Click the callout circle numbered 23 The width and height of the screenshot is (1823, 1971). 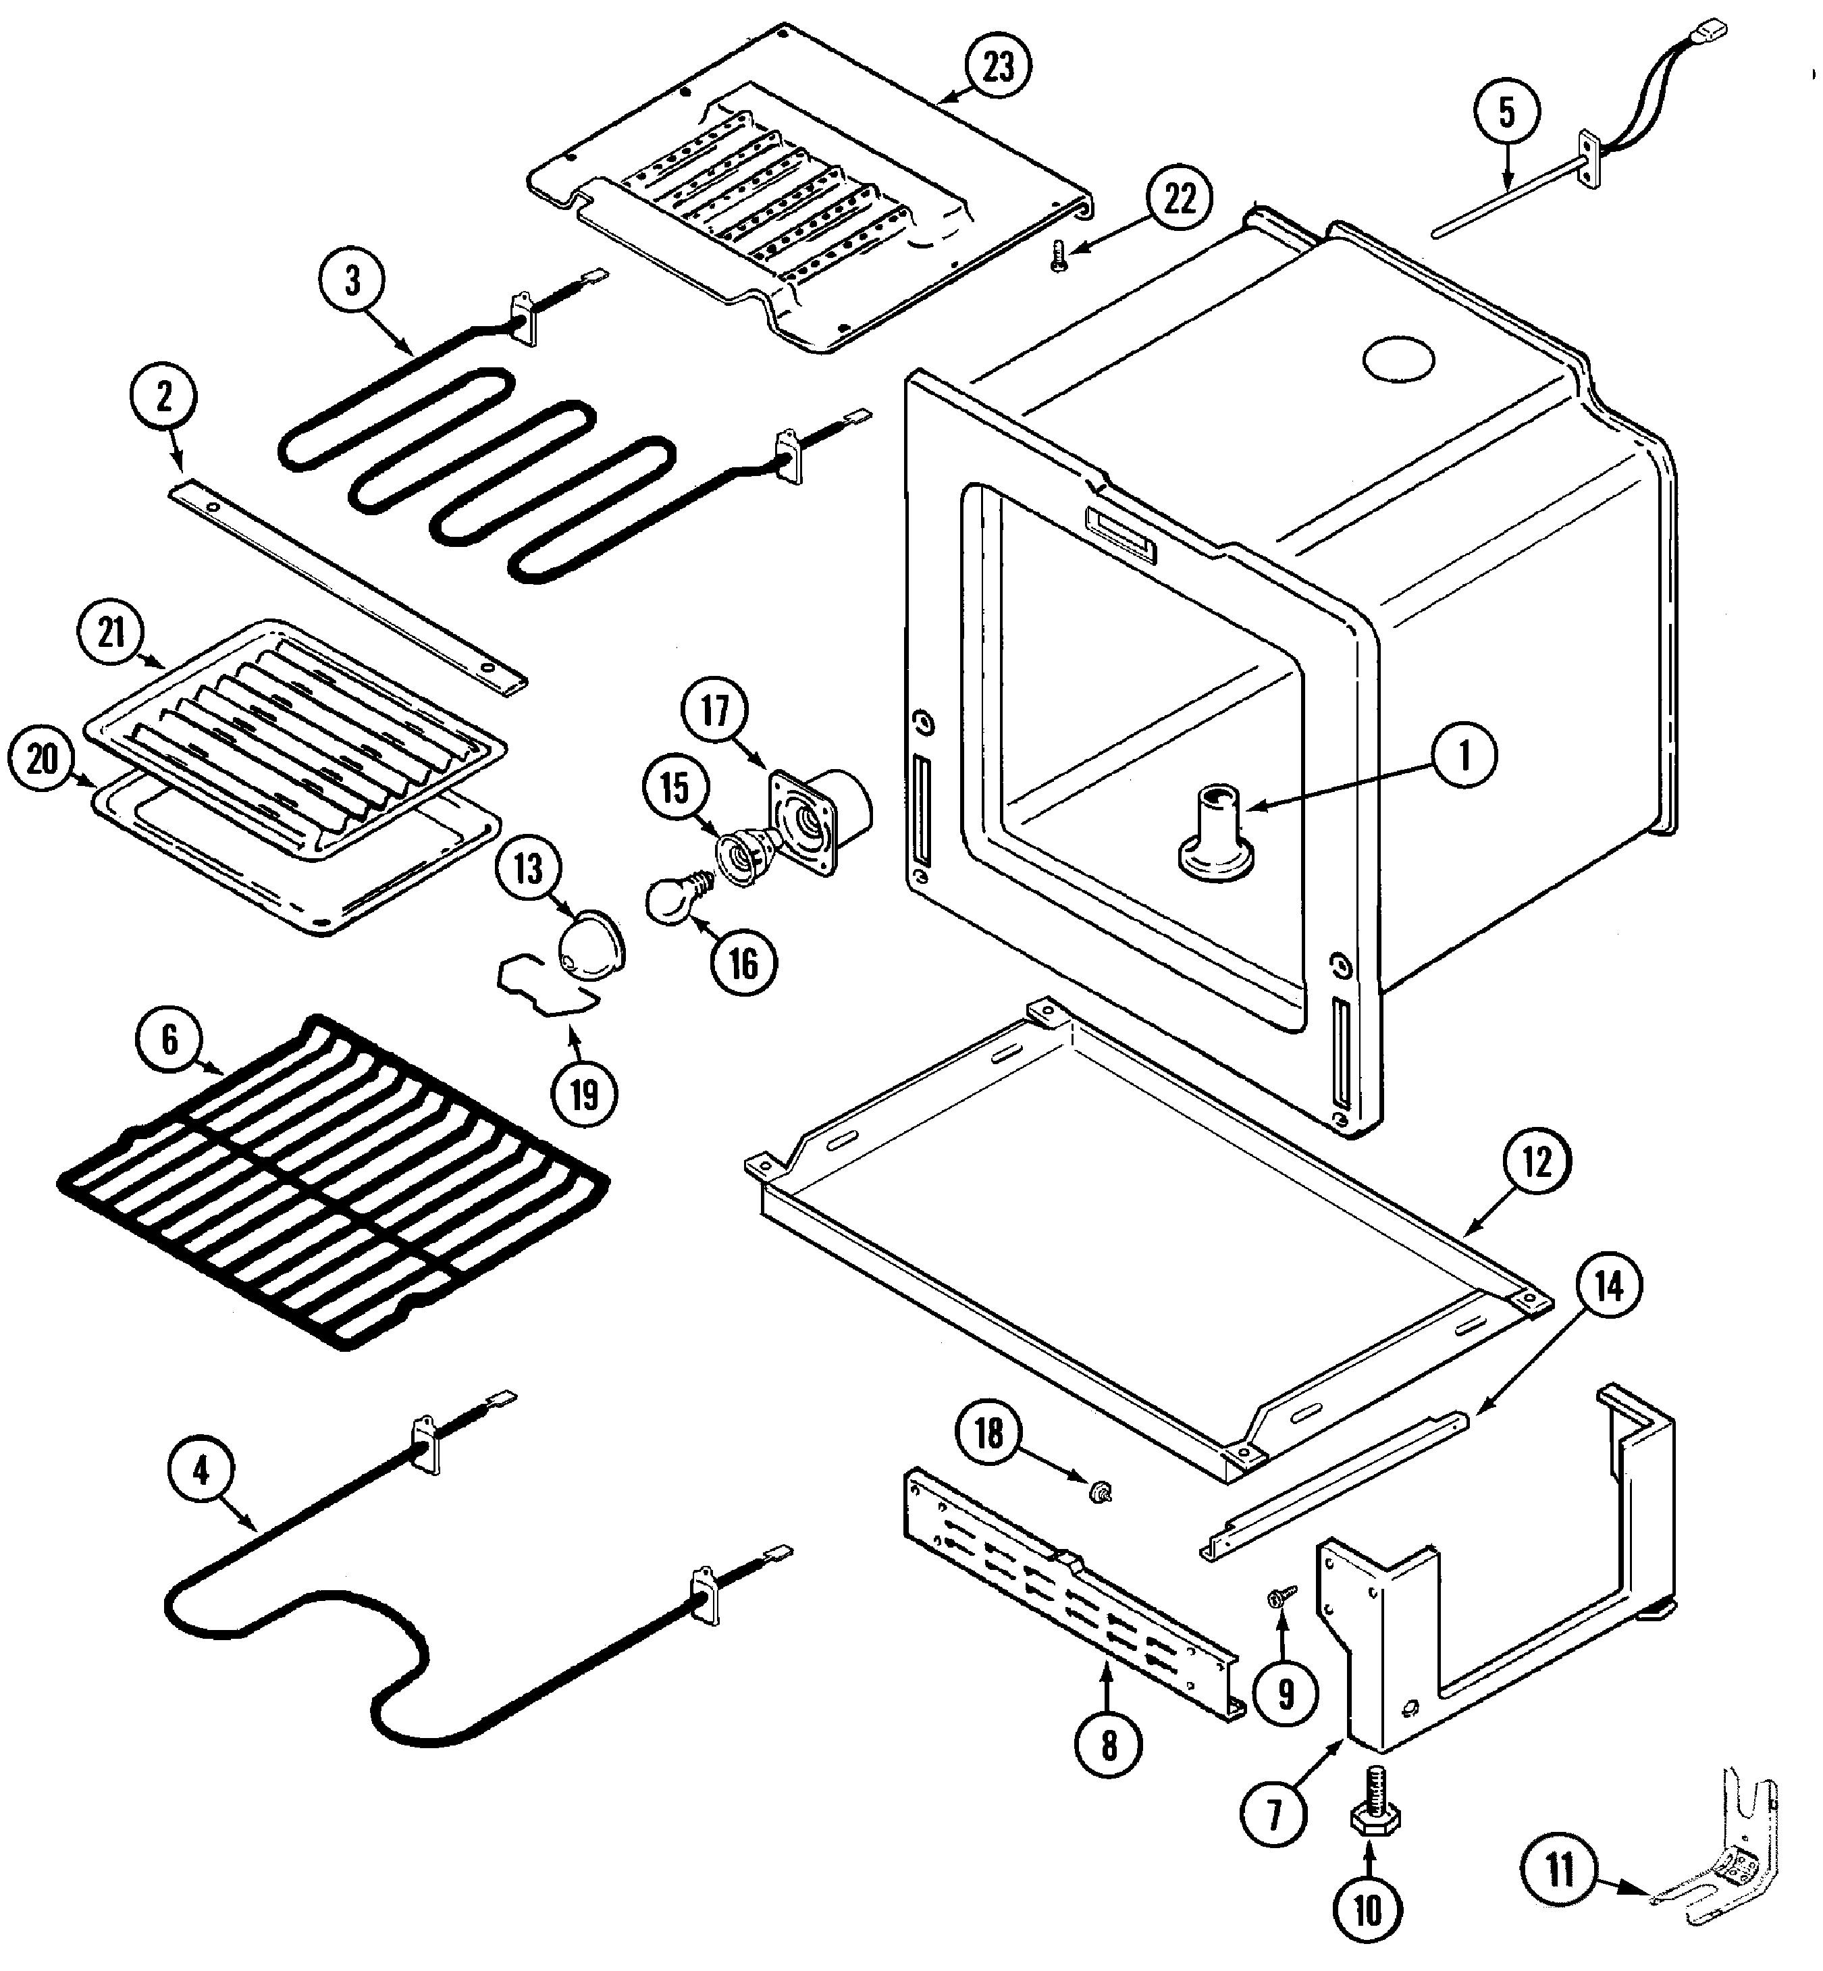click(x=999, y=67)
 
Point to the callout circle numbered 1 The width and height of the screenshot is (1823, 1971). click(x=1464, y=757)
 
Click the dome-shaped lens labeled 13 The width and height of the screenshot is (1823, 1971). click(x=590, y=948)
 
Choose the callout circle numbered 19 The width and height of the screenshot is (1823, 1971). click(x=584, y=1093)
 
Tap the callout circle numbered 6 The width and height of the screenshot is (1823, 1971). click(x=169, y=1040)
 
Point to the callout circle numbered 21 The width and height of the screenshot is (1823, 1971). click(x=111, y=631)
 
